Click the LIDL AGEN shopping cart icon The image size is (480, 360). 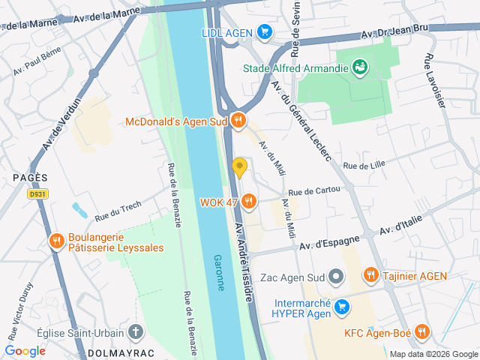point(263,31)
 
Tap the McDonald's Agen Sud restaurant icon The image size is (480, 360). point(238,120)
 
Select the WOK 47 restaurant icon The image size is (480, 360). point(249,201)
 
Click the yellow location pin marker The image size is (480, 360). point(239,167)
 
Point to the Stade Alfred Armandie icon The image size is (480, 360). point(361,67)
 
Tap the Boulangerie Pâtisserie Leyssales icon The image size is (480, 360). point(55,241)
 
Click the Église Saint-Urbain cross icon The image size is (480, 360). point(136,331)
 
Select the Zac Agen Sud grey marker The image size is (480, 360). point(336,277)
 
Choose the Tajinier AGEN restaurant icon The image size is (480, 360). point(370,276)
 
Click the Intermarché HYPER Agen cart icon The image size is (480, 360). point(342,306)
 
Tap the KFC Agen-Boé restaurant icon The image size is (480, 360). point(422,331)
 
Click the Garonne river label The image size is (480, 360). point(219,270)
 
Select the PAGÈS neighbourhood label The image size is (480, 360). point(30,178)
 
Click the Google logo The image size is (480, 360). point(25,350)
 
